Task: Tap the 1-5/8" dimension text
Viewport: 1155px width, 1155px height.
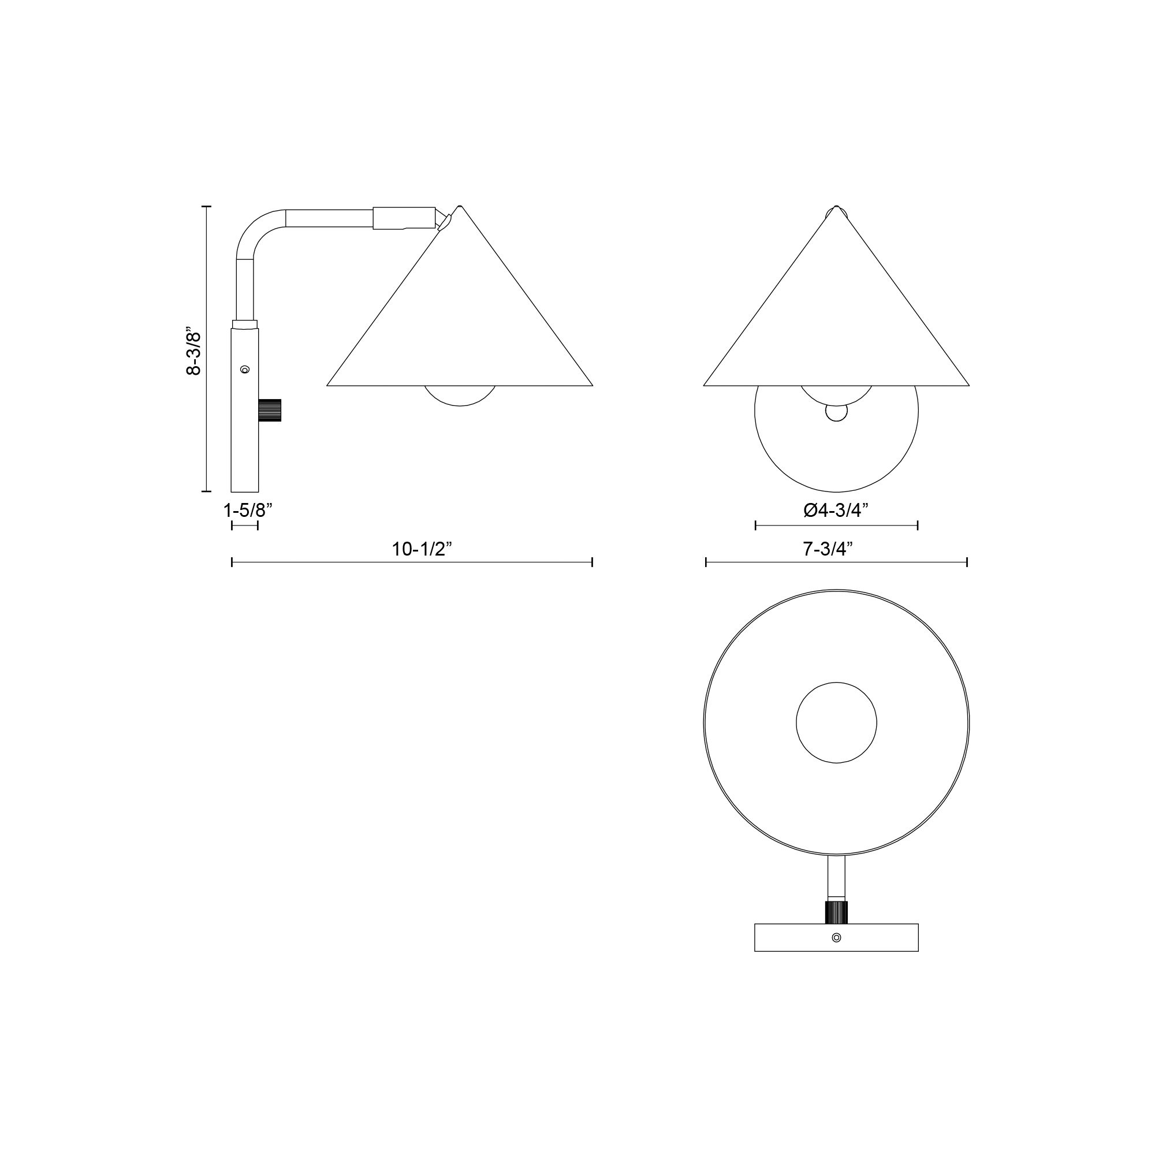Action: click(x=248, y=510)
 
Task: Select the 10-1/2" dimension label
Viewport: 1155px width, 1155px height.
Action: click(x=422, y=549)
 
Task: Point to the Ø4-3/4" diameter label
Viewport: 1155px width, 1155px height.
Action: click(x=836, y=510)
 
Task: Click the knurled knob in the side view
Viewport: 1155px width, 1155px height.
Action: click(x=270, y=410)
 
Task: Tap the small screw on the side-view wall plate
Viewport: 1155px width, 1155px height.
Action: click(x=244, y=370)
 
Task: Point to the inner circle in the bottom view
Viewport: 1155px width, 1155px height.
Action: click(x=836, y=723)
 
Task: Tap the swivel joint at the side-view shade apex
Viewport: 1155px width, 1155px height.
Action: click(x=442, y=219)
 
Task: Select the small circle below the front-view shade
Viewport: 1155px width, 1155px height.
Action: click(x=836, y=412)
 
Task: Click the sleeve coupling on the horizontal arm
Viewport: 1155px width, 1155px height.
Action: click(x=404, y=218)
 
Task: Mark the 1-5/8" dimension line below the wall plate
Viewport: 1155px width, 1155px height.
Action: click(x=244, y=526)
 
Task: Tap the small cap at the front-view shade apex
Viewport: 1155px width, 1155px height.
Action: click(x=836, y=211)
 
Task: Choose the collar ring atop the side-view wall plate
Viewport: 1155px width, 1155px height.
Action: click(x=245, y=324)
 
